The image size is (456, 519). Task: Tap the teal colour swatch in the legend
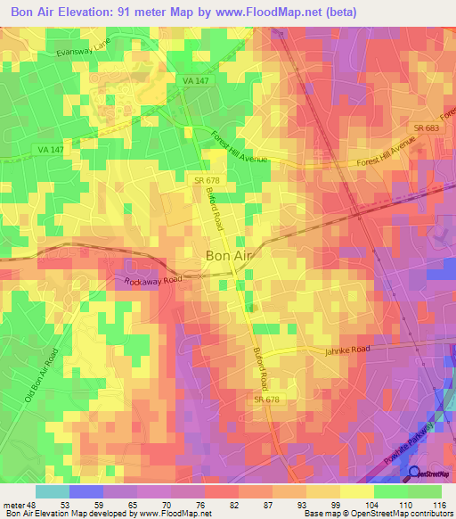tap(52, 491)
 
